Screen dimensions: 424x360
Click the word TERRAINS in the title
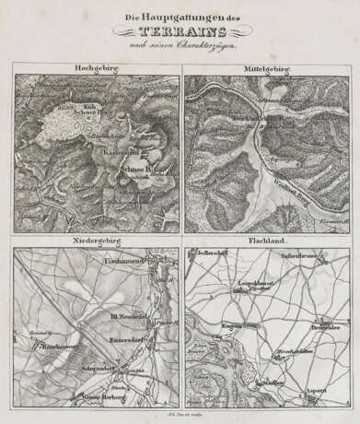pyautogui.click(x=180, y=29)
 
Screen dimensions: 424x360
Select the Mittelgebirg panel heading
pyautogui.click(x=270, y=68)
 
